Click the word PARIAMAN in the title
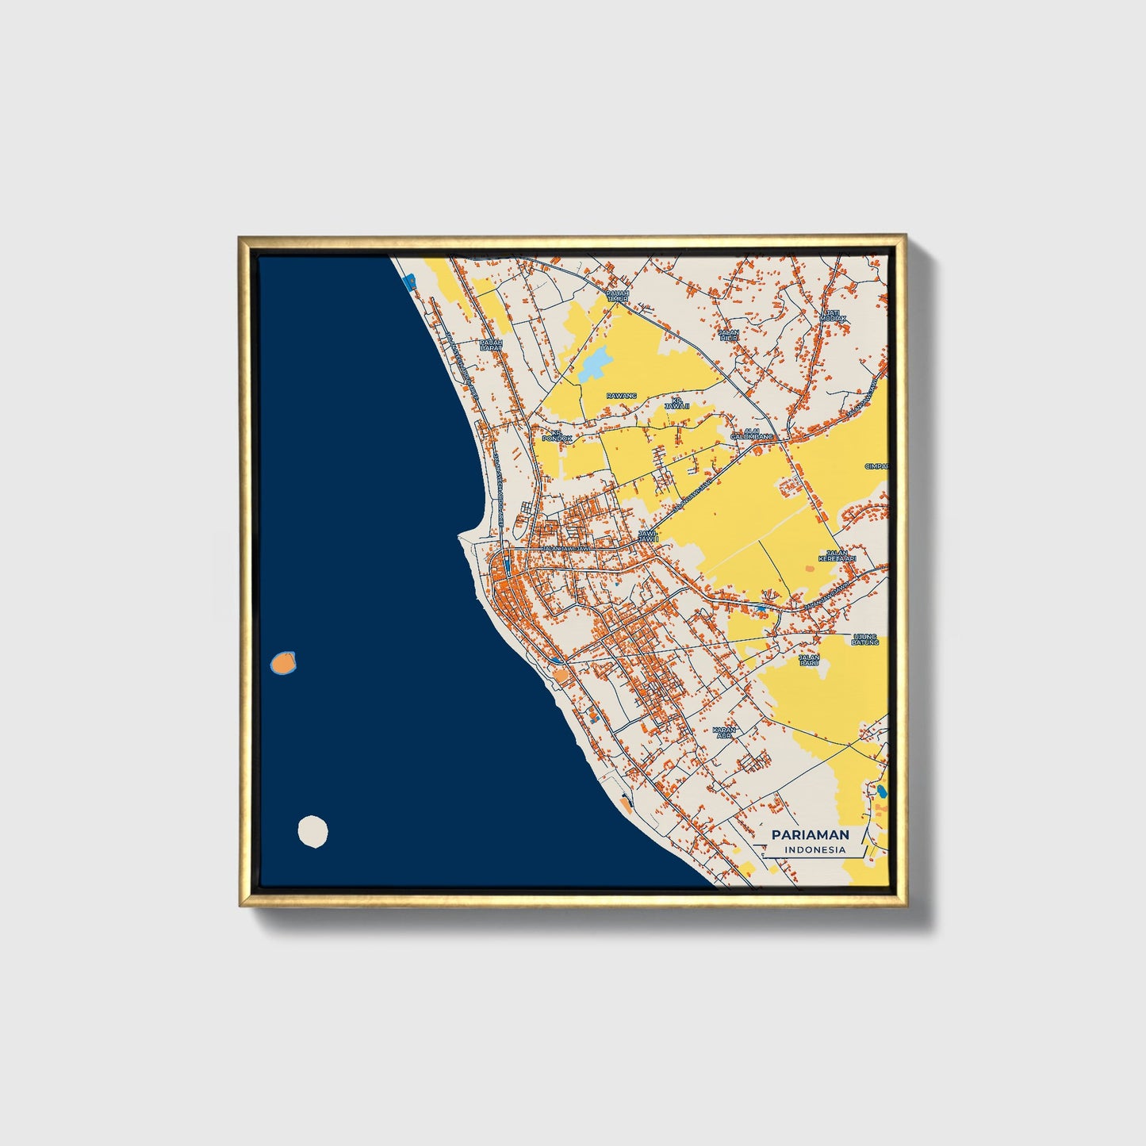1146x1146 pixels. (x=810, y=834)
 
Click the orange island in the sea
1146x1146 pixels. (x=282, y=661)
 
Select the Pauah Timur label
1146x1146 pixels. (x=617, y=296)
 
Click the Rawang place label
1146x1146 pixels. (x=621, y=395)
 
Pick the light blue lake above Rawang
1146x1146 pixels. (x=595, y=362)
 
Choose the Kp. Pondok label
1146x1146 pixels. (x=556, y=435)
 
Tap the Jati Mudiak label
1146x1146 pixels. (x=832, y=316)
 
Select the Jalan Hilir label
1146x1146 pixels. (x=728, y=335)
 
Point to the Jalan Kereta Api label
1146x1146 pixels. (x=837, y=557)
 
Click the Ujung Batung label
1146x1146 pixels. (x=865, y=639)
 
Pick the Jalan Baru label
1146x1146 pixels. (x=809, y=660)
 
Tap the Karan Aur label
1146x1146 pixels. (x=723, y=732)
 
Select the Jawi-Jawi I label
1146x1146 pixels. (x=648, y=536)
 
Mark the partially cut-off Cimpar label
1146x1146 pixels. (x=877, y=466)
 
